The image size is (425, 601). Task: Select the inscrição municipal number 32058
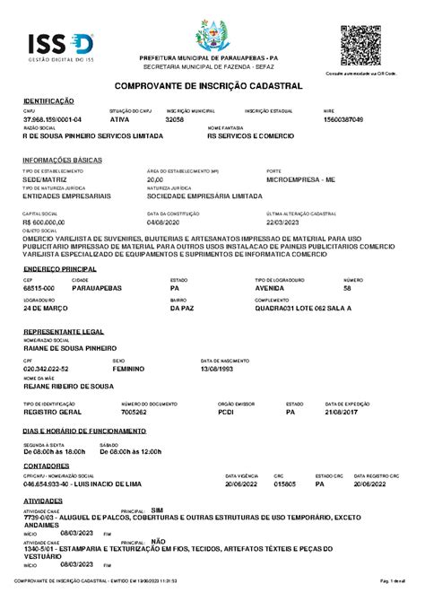point(175,119)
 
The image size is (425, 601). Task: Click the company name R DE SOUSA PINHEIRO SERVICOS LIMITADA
point(93,136)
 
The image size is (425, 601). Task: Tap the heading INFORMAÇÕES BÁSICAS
point(62,160)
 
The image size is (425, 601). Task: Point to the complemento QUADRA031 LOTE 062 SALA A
point(303,307)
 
